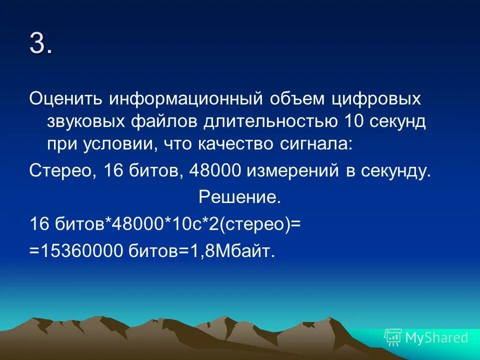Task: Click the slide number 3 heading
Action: (40, 44)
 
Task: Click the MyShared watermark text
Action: (436, 337)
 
